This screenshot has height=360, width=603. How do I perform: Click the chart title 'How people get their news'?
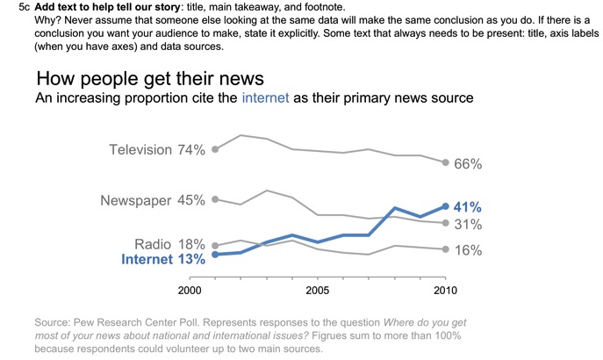(x=150, y=78)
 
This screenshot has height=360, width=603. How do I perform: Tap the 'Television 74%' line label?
(x=156, y=150)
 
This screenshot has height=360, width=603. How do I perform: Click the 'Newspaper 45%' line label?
(x=152, y=200)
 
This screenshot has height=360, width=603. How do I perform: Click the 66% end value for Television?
(x=469, y=164)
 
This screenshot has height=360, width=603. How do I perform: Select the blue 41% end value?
(x=468, y=207)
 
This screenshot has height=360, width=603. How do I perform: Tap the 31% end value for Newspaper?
(x=468, y=225)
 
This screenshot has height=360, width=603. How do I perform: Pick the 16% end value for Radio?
(x=468, y=250)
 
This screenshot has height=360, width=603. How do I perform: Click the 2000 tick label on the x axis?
(x=189, y=290)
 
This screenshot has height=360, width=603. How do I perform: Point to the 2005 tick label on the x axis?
(x=318, y=290)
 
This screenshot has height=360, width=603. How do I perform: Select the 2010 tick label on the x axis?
(x=446, y=290)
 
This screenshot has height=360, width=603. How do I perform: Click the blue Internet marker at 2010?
(x=446, y=206)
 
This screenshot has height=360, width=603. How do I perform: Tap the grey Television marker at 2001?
(x=215, y=149)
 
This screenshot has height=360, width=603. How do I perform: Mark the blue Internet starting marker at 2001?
(x=215, y=255)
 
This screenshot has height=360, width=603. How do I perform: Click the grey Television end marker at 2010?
(x=446, y=162)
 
